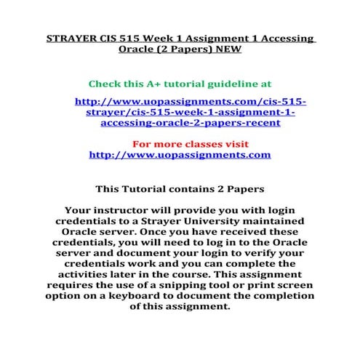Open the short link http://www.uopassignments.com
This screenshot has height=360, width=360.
pyautogui.click(x=179, y=155)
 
